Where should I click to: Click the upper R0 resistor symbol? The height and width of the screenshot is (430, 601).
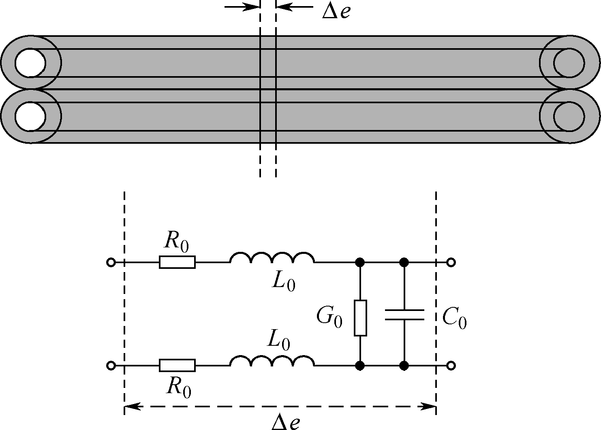pos(177,262)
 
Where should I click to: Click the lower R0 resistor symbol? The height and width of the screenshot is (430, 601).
pos(177,366)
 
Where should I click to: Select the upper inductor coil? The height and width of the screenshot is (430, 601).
pos(272,258)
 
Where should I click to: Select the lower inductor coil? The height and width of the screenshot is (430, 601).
pos(272,361)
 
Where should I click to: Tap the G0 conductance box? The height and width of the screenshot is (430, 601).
pos(360,318)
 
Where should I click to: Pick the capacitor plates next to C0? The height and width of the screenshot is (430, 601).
pos(404,315)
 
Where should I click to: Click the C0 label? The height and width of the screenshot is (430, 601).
pos(454,318)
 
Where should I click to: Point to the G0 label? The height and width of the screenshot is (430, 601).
pos(329,317)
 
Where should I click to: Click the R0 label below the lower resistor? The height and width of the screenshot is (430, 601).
pos(179,388)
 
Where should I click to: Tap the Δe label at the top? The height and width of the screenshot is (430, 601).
pos(336,12)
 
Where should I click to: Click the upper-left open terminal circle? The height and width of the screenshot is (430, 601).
pos(111,262)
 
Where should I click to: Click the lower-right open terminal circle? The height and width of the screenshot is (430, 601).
pos(451,366)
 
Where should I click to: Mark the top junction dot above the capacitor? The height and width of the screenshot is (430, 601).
pos(404,262)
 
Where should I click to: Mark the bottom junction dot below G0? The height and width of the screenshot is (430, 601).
pos(359,366)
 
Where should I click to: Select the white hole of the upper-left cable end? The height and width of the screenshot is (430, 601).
pos(30,63)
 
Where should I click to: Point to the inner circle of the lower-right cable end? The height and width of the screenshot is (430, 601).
pos(569,117)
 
